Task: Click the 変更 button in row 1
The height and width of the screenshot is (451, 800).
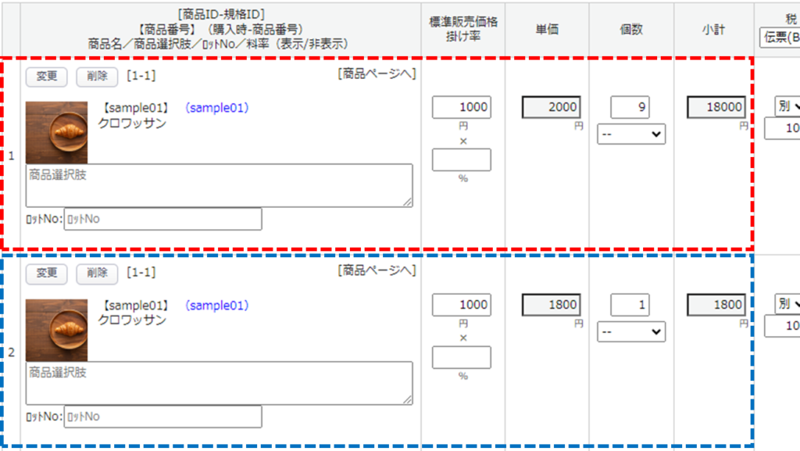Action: tap(47, 76)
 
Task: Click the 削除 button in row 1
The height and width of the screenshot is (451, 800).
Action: tap(97, 76)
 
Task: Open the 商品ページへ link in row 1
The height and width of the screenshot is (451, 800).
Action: tap(377, 73)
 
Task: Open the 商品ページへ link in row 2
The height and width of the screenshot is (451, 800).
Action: tap(377, 270)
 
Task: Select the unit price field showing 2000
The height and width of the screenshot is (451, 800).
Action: tap(551, 107)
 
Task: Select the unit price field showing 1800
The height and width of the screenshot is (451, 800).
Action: tap(551, 305)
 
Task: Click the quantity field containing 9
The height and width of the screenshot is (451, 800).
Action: tap(630, 107)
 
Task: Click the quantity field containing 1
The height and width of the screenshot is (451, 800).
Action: tap(630, 305)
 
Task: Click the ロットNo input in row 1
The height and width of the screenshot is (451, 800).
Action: tap(162, 219)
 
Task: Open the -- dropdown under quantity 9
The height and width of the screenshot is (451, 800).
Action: tap(631, 134)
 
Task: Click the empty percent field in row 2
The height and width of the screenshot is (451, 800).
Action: tap(462, 357)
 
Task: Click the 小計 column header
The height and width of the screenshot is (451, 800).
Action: tap(712, 30)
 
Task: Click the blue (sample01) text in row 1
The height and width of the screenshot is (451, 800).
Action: tap(216, 108)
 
